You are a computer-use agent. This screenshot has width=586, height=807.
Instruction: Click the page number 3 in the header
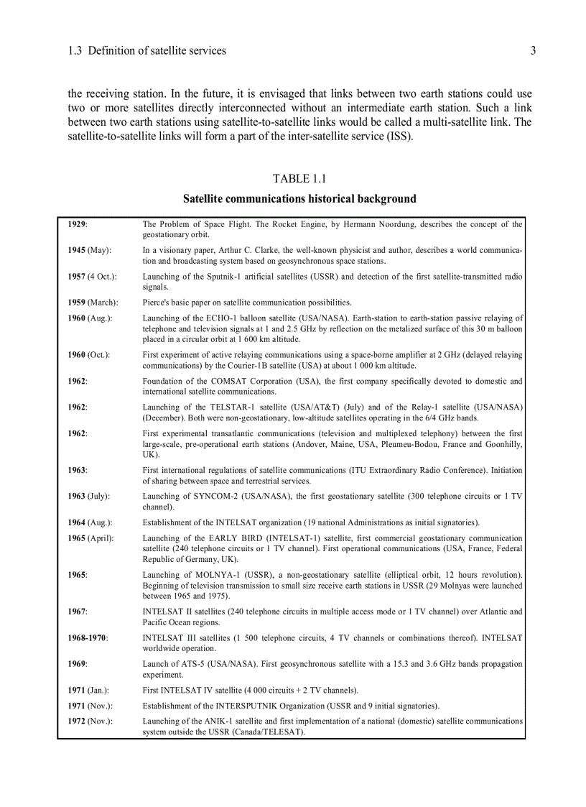point(533,50)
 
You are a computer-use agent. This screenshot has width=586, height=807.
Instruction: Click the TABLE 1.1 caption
point(299,178)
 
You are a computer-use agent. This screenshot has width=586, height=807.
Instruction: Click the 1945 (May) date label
point(89,251)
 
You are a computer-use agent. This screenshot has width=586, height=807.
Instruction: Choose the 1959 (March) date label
point(93,303)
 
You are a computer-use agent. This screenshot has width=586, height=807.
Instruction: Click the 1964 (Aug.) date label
point(90,522)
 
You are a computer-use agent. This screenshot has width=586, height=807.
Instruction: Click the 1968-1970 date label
point(87,637)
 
